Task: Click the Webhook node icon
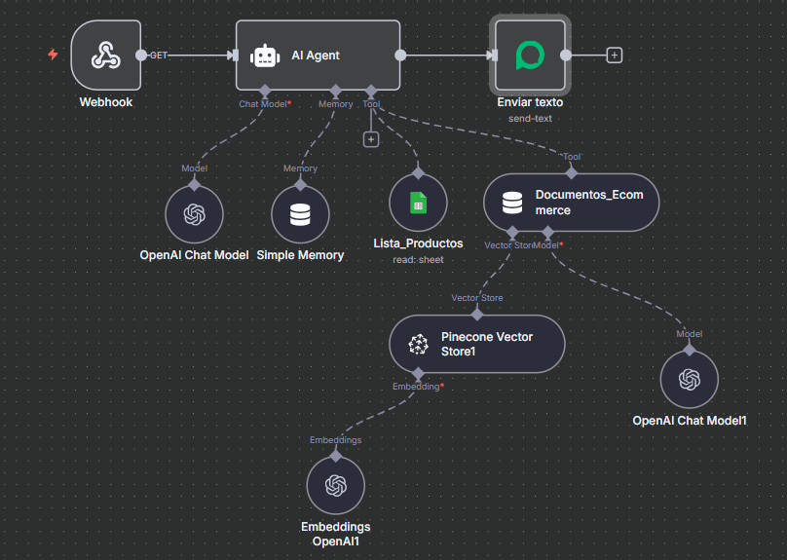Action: [105, 56]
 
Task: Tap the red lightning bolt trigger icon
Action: [54, 55]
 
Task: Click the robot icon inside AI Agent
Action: [265, 56]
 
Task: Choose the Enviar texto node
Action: [529, 56]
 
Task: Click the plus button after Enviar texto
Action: [614, 56]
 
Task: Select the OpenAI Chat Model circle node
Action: [194, 214]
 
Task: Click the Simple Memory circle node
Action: [300, 214]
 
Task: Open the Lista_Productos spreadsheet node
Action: [418, 204]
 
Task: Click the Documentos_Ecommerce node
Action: [570, 203]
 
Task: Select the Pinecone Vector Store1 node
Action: [477, 344]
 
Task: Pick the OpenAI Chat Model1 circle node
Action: [690, 379]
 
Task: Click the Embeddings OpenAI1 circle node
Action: [335, 485]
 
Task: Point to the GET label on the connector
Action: [158, 56]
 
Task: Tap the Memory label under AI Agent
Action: [336, 103]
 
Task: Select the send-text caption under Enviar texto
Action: [530, 118]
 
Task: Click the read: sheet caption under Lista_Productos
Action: [418, 260]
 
